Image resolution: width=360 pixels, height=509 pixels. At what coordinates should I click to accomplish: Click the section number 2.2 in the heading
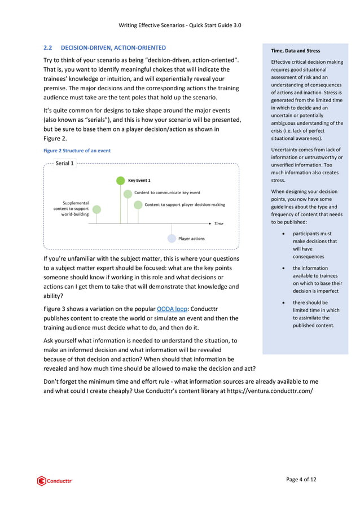click(x=49, y=48)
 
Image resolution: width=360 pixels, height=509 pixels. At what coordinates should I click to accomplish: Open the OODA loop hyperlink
click(x=172, y=309)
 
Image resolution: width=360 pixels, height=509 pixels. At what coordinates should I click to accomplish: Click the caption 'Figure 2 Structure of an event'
click(x=77, y=151)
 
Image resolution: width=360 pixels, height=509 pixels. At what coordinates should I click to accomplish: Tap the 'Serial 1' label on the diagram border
click(x=64, y=163)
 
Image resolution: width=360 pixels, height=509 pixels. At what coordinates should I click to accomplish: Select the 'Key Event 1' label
click(x=139, y=181)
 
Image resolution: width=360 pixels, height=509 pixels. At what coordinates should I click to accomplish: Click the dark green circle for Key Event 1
click(x=120, y=181)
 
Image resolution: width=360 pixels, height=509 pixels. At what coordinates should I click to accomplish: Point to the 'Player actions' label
click(x=191, y=239)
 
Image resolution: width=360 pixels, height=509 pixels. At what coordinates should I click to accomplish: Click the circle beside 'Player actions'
click(x=172, y=239)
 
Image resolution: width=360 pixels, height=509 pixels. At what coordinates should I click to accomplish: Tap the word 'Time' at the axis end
click(x=218, y=224)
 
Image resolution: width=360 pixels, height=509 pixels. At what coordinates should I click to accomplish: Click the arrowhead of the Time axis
click(x=210, y=223)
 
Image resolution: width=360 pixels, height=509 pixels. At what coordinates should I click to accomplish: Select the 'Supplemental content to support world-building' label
click(x=75, y=208)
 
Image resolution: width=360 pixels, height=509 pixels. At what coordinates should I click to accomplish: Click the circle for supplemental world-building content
click(x=96, y=209)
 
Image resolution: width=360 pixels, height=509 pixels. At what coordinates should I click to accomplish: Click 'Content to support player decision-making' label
click(x=185, y=204)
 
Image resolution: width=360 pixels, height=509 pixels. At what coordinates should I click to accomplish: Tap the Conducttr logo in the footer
click(x=55, y=481)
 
